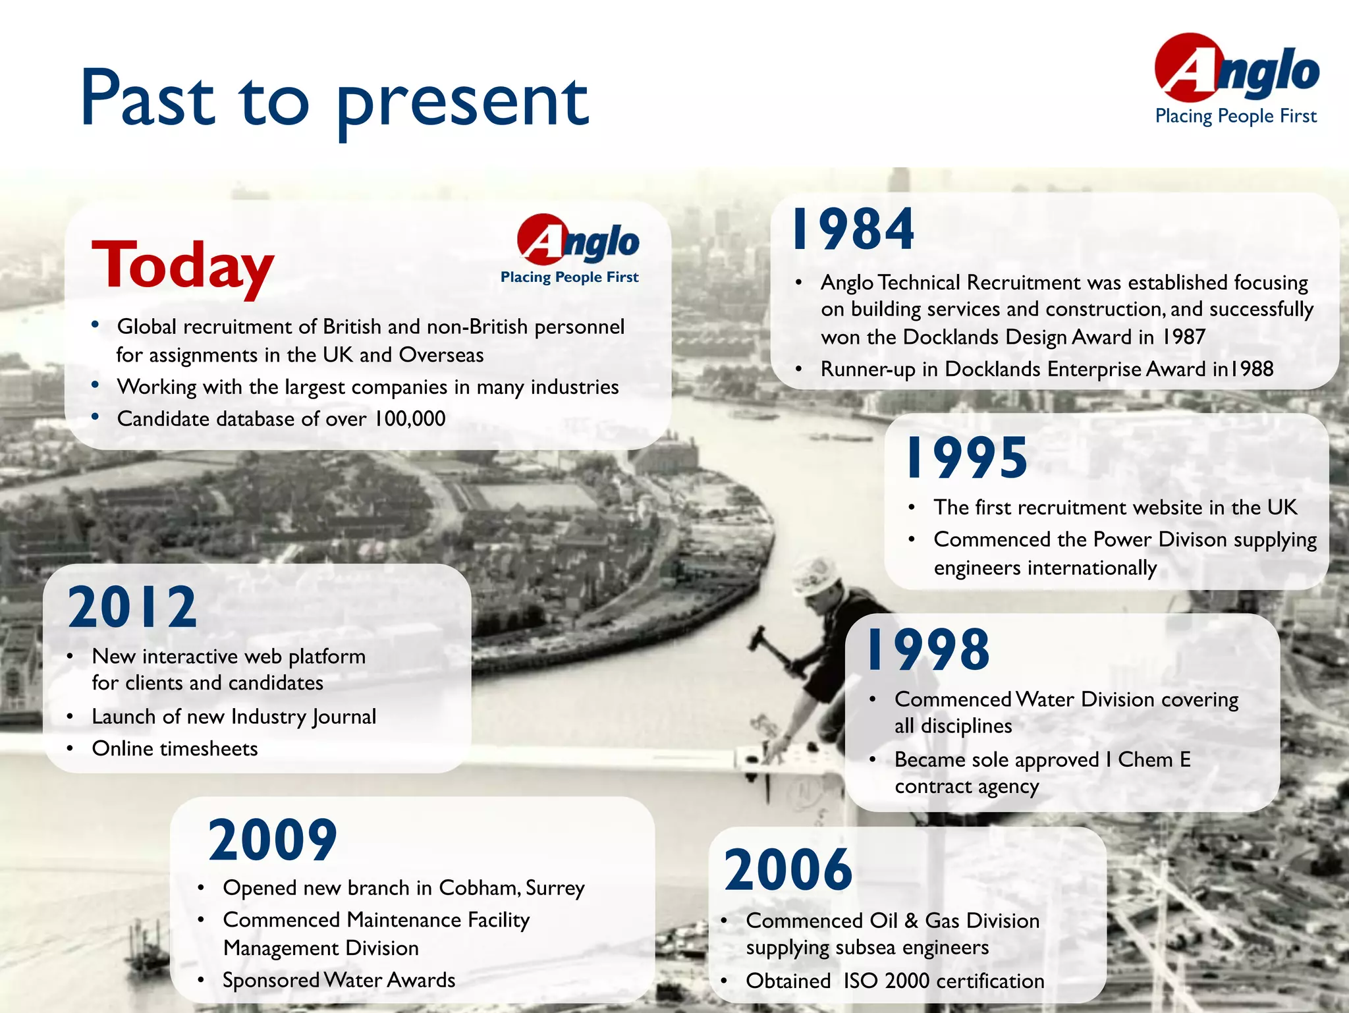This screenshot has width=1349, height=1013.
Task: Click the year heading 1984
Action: [x=853, y=229]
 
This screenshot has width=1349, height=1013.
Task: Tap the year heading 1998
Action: [x=928, y=650]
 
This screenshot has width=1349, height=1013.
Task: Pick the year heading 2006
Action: [x=788, y=870]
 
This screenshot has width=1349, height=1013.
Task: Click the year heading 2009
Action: [x=272, y=840]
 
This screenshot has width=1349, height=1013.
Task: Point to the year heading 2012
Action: [x=132, y=607]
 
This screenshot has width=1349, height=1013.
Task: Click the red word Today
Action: [x=182, y=265]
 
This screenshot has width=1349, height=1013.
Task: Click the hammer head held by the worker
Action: [x=758, y=637]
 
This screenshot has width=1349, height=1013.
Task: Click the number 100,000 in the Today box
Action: [x=410, y=419]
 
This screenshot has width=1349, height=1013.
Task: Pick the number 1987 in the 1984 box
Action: [x=1183, y=337]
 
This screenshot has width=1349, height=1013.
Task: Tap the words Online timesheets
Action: [x=175, y=749]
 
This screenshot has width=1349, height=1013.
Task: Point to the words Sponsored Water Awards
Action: [x=339, y=980]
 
